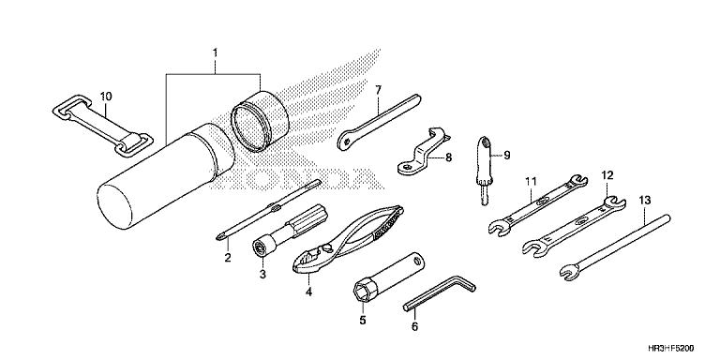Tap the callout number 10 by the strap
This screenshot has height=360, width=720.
[x=106, y=96]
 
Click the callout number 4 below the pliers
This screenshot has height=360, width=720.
[x=307, y=292]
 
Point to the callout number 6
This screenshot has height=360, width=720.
[x=414, y=327]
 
